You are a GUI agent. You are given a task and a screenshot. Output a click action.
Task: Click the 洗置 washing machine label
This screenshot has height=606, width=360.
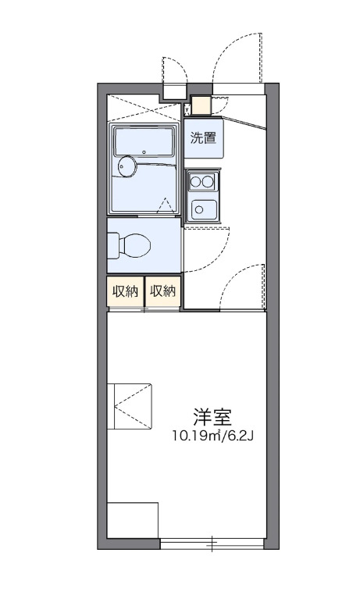pyautogui.click(x=204, y=139)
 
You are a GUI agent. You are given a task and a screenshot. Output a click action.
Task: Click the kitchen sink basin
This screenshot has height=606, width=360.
pyautogui.click(x=204, y=209)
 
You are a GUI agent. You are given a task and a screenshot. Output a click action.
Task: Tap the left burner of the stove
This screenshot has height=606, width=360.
pyautogui.click(x=197, y=182)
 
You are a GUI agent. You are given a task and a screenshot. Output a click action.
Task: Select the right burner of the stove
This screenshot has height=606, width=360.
pyautogui.click(x=210, y=182)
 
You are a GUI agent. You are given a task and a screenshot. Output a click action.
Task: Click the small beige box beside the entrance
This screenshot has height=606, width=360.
pyautogui.click(x=201, y=105)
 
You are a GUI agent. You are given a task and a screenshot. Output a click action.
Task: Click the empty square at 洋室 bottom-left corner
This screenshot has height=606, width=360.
pyautogui.click(x=132, y=520)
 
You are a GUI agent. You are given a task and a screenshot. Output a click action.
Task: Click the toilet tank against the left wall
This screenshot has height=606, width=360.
pyautogui.click(x=112, y=245)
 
